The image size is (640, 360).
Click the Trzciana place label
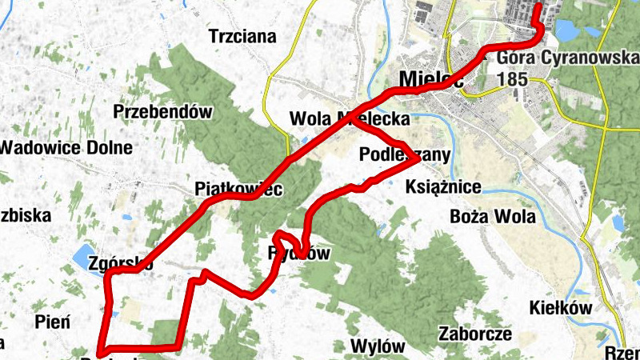242,36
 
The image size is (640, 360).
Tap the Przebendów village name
164,112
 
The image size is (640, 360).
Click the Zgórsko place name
122,263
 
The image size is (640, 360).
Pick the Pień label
53,322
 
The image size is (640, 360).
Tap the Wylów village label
378,347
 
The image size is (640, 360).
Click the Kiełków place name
560,308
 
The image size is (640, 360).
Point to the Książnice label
444,188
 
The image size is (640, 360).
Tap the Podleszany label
405,154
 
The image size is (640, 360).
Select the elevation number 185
512,80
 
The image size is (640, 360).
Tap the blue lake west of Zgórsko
82,258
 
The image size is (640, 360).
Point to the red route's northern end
538,8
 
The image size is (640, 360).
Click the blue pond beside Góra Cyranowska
565,30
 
